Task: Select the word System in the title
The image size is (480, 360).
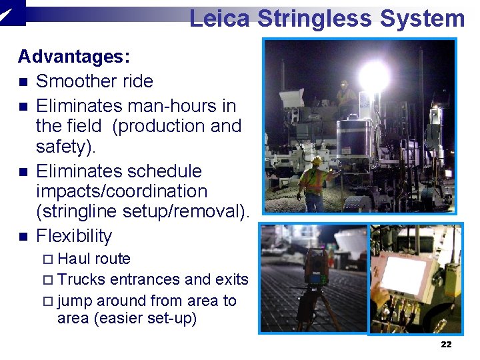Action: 422,19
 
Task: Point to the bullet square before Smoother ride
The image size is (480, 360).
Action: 23,82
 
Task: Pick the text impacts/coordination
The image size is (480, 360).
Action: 122,191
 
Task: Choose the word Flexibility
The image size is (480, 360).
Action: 74,236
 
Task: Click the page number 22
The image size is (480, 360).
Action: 446,344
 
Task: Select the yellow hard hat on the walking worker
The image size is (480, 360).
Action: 316,161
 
